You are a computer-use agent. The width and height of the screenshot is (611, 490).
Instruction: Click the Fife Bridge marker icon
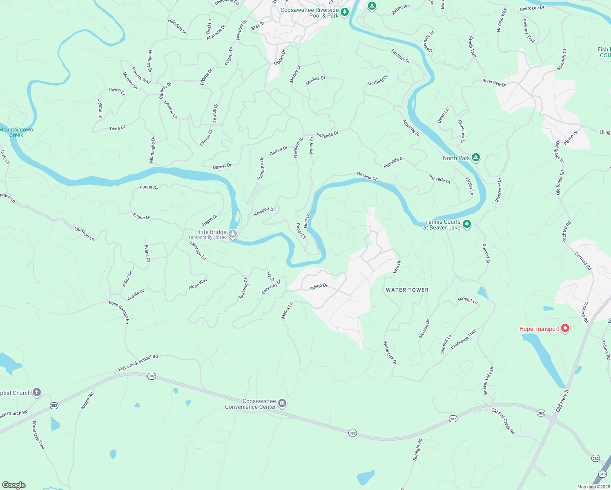pos(233,234)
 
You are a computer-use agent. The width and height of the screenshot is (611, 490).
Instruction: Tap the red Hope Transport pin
pos(565,328)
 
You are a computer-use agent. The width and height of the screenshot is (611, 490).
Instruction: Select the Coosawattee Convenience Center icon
pos(282,404)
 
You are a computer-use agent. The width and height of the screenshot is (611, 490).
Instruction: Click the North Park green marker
pos(475,157)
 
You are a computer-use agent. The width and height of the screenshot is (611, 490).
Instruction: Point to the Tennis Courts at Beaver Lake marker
pos(467,224)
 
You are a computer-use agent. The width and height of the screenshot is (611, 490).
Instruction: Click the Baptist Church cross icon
pos(37,392)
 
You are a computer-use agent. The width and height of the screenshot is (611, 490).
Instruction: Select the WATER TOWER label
pos(407,290)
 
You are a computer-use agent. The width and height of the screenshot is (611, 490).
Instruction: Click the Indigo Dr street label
pos(319,287)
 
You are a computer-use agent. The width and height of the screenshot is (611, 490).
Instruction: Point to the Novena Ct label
pos(367,176)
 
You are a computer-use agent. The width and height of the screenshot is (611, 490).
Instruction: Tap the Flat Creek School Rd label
pos(138,363)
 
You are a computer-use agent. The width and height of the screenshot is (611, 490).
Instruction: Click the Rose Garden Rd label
pos(119,312)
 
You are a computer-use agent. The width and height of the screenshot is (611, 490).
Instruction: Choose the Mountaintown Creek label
pos(16,132)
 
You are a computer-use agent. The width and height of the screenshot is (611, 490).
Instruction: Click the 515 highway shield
pos(603,474)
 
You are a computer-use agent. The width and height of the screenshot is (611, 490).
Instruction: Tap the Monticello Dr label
pos(152,149)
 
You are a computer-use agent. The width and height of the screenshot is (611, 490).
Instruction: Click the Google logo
pos(14,485)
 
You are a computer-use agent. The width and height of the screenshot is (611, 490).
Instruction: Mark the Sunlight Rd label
pos(417,450)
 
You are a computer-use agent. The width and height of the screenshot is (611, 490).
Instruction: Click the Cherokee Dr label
pos(532,8)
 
